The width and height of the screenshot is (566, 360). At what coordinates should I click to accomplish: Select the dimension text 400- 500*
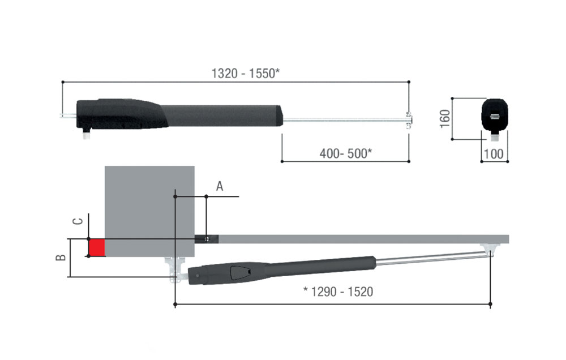tap(345, 152)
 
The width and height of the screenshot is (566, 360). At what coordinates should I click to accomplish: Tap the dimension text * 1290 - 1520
tap(338, 292)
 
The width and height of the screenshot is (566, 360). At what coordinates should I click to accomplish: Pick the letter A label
tap(220, 186)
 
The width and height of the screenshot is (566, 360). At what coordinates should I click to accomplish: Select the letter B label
tap(62, 258)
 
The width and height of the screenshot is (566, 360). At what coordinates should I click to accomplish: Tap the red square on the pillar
tap(97, 247)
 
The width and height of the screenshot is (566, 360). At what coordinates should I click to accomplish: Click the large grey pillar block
tap(150, 209)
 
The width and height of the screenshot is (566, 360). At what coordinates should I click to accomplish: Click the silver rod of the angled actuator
tap(430, 258)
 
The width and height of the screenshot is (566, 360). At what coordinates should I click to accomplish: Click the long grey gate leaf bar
tap(362, 239)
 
